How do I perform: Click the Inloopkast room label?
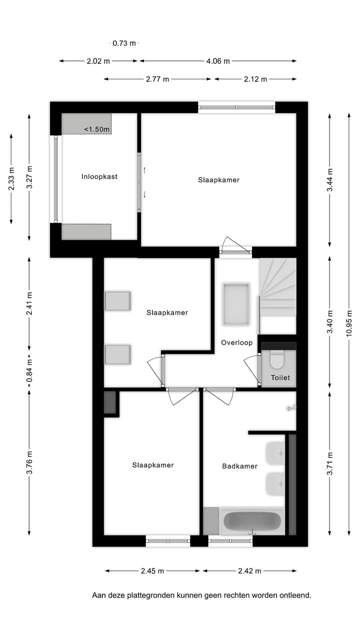(99, 176)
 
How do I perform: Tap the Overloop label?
(236, 343)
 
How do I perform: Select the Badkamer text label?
(239, 466)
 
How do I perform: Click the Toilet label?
(280, 378)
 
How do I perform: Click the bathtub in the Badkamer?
(252, 521)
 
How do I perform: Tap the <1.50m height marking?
(96, 129)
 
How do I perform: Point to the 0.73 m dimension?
(124, 43)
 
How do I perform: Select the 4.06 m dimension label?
(218, 61)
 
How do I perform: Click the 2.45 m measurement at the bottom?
(152, 570)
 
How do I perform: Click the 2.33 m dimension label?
(11, 178)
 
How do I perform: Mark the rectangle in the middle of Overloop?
(236, 304)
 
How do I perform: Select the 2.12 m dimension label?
(255, 79)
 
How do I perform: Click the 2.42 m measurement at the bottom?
(248, 570)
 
